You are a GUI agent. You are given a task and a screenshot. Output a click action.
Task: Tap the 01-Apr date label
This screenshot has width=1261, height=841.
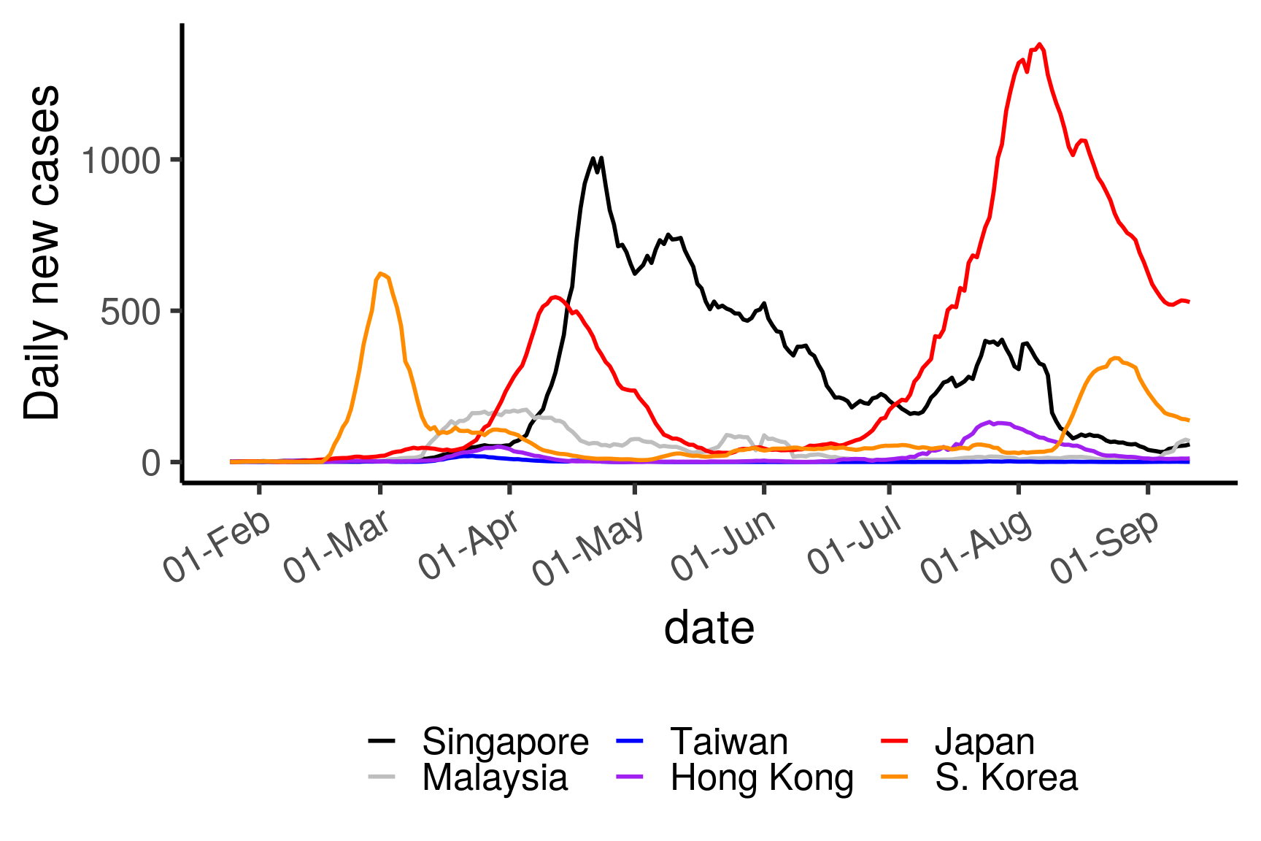[469, 545]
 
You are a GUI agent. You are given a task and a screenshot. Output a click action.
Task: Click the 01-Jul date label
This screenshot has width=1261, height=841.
[855, 540]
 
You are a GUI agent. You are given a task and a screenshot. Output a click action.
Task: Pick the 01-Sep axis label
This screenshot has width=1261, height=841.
[1105, 546]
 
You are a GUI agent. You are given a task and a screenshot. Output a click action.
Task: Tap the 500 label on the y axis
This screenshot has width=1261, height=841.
[130, 312]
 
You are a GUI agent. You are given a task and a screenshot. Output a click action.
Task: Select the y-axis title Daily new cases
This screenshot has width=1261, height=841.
[42, 252]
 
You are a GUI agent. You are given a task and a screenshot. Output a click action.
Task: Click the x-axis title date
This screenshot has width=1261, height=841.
[709, 628]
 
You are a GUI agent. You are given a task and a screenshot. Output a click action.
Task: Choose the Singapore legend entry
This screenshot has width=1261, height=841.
[505, 742]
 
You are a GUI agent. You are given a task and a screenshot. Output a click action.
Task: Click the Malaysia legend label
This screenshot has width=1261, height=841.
[495, 777]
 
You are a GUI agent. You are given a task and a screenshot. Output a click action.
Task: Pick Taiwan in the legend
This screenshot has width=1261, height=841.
[729, 742]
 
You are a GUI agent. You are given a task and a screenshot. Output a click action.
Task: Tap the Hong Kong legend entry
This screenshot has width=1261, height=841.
[762, 777]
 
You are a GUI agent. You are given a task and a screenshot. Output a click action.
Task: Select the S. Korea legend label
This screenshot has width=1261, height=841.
[1006, 777]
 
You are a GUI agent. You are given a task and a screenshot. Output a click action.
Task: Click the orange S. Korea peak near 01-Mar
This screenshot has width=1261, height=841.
[381, 274]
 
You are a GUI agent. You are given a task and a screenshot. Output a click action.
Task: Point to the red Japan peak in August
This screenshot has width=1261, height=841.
[1040, 45]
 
